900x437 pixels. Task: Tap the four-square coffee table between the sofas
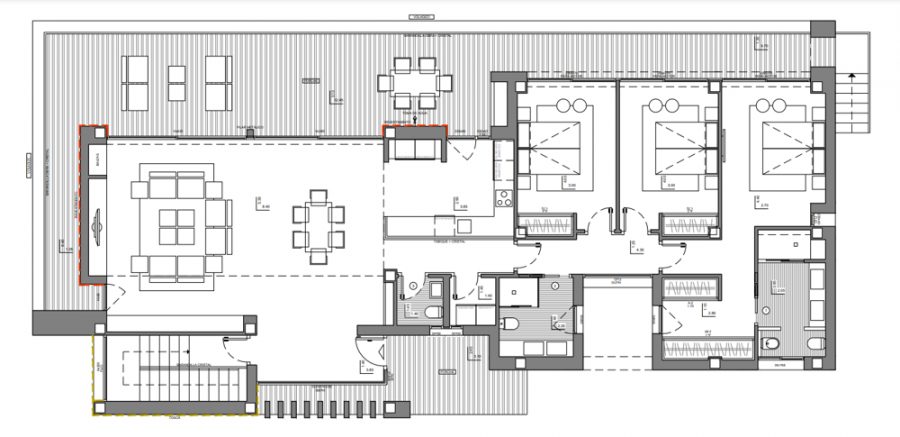click(x=176, y=226)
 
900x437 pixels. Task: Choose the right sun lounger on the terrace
click(x=219, y=82)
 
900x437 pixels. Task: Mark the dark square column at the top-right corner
click(x=821, y=31)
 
